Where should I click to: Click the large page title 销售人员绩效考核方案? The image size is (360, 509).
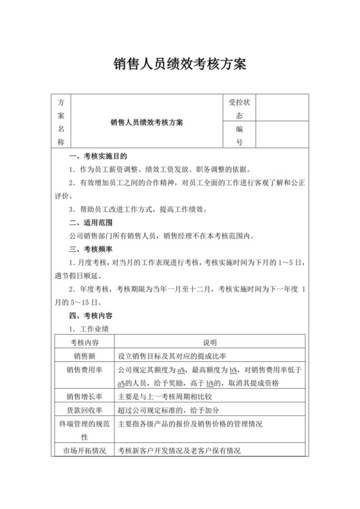tap(180, 65)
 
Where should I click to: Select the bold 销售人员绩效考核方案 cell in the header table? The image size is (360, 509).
tap(147, 122)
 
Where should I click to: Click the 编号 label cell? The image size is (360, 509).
tap(239, 136)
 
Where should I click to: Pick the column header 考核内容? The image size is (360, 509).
tap(82, 343)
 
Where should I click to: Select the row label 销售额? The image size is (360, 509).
tap(82, 355)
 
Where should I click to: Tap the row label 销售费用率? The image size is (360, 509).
tap(82, 370)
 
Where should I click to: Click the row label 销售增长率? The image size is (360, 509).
tap(82, 397)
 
